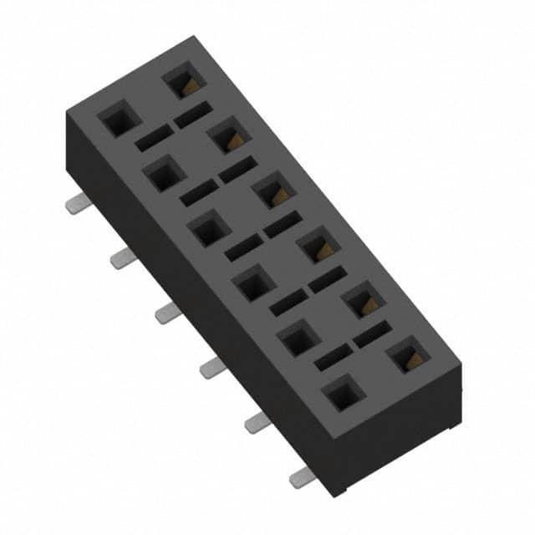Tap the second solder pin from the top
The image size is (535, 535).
coord(123,258)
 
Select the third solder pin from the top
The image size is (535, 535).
coord(168,313)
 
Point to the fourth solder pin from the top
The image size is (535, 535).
coord(212,368)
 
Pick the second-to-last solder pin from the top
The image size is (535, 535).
coord(257,422)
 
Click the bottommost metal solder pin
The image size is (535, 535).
coord(302,477)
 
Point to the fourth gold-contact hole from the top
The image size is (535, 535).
coord(318,245)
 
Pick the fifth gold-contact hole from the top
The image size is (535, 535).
coord(364,300)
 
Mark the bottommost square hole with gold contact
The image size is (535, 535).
coord(409,355)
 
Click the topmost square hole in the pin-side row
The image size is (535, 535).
coord(119,119)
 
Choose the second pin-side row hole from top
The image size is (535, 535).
coord(164,174)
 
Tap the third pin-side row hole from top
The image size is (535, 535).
coord(208,228)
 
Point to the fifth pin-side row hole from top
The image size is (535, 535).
coord(298,339)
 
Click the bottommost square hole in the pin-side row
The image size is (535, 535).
coord(344,393)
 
